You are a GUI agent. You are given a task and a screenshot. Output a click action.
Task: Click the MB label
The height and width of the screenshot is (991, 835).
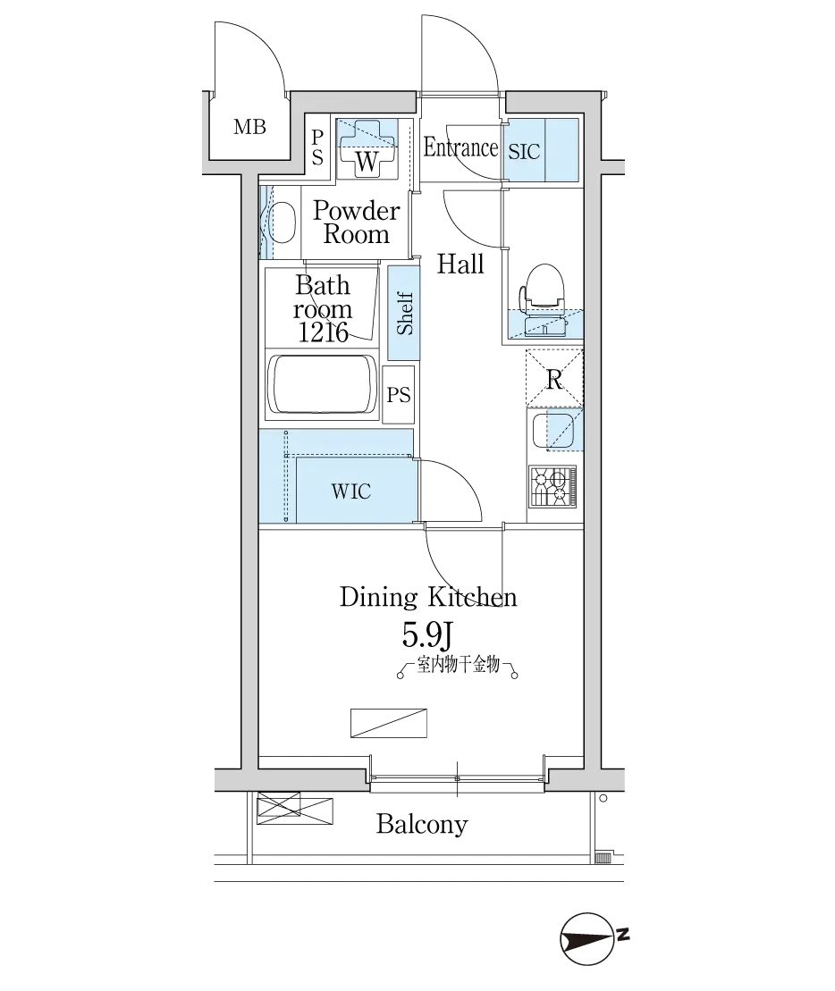tap(249, 127)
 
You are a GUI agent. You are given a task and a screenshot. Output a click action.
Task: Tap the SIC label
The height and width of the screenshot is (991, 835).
tap(524, 152)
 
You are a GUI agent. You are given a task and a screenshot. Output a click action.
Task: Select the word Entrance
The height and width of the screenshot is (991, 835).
tap(460, 147)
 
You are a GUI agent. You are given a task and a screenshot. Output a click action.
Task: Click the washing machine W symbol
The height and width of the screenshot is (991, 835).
tap(367, 150)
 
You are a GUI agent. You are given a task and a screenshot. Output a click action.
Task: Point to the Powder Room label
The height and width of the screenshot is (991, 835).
tap(357, 222)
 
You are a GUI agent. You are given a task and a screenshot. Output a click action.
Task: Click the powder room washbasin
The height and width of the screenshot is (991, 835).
tap(282, 222)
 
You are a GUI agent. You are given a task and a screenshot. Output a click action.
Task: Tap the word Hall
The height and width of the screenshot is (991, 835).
tap(460, 264)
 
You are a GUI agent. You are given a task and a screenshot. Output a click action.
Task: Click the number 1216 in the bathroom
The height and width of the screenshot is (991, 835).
tap(323, 332)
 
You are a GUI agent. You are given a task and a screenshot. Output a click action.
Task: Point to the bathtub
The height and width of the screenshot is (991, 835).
tap(323, 383)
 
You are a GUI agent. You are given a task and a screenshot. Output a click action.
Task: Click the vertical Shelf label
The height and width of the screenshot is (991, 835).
tap(404, 314)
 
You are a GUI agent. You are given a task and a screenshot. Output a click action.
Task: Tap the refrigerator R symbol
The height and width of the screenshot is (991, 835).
tap(554, 379)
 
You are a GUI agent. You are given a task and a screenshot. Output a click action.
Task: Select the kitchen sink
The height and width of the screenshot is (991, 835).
tap(553, 430)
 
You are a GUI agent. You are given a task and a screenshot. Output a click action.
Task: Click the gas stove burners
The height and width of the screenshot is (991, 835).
tap(553, 486)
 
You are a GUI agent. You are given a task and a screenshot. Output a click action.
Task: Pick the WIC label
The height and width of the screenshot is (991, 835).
tap(350, 491)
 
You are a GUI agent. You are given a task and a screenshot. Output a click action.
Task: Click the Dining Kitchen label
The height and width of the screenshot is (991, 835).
tap(428, 597)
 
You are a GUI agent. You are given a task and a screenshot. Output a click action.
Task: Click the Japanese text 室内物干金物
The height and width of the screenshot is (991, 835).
tap(459, 665)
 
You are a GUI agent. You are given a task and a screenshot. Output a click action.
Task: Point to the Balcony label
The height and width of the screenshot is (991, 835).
tap(422, 824)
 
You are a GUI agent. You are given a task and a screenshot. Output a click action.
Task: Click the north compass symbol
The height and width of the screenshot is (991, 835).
tap(588, 938)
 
